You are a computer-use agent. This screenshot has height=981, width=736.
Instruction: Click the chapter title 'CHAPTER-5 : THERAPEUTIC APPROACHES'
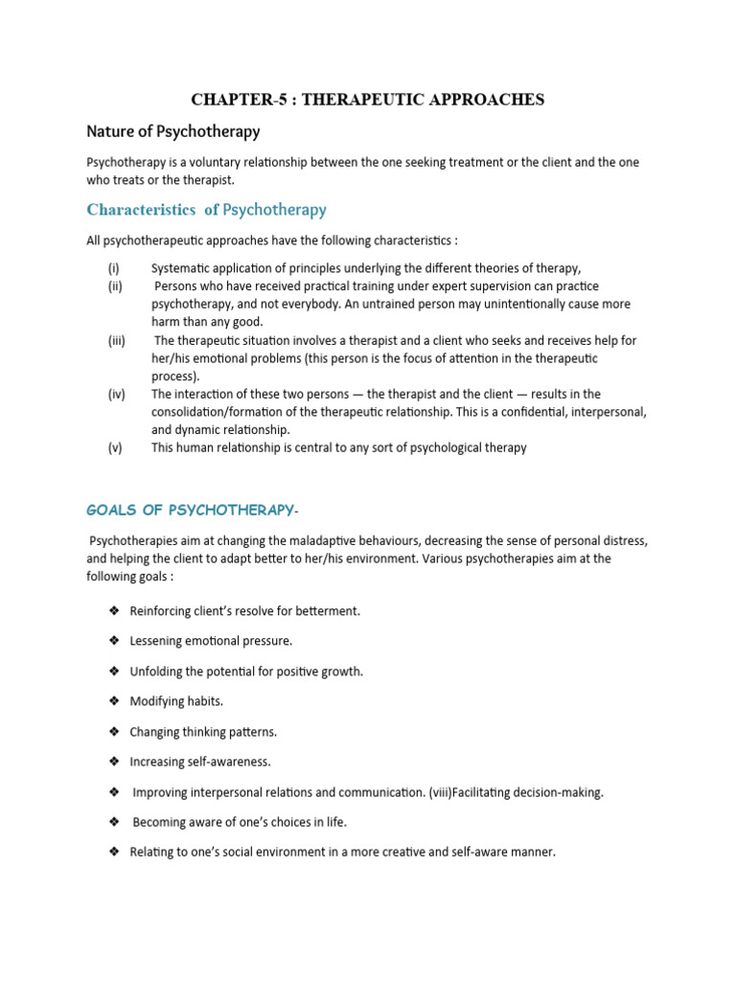[x=368, y=100]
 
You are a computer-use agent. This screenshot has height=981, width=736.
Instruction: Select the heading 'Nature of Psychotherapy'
[x=173, y=130]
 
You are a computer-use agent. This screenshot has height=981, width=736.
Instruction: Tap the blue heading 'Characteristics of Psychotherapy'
[x=207, y=209]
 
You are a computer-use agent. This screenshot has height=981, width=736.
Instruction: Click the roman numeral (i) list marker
[x=113, y=268]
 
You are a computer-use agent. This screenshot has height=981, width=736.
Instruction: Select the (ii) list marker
[x=114, y=286]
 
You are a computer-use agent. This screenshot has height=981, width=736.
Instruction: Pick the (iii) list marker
[x=116, y=340]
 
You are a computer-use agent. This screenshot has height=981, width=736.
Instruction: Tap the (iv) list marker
[x=116, y=394]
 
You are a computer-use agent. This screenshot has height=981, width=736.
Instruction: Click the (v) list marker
[x=115, y=447]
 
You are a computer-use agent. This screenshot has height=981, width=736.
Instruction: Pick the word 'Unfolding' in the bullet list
[x=157, y=672]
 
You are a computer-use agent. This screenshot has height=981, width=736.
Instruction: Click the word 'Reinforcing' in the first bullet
[x=161, y=611]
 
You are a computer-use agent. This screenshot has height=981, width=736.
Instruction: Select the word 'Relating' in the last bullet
[x=152, y=852]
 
